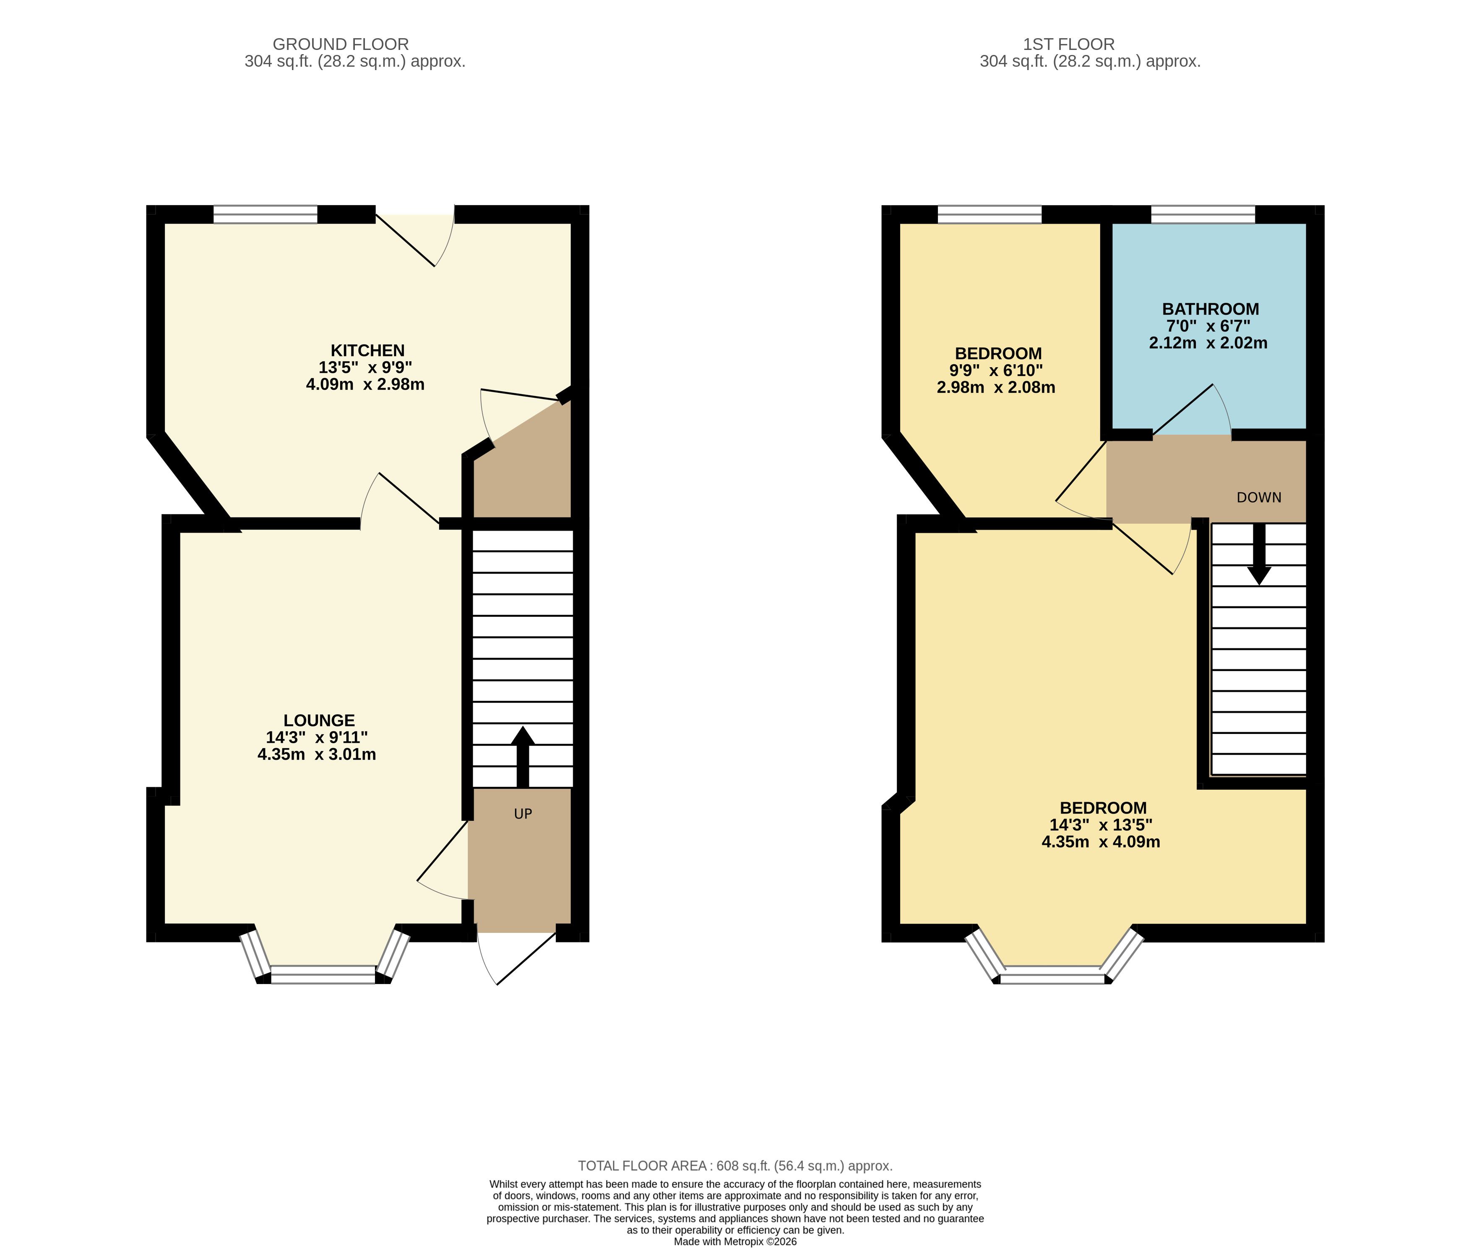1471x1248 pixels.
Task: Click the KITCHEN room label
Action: point(368,350)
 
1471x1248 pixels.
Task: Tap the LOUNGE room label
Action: point(319,720)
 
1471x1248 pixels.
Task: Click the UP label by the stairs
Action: point(523,814)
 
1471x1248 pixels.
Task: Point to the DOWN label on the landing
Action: point(1259,497)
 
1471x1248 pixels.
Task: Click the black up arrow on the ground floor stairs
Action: point(523,756)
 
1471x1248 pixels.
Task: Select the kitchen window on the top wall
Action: point(265,214)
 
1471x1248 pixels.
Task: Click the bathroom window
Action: point(1203,214)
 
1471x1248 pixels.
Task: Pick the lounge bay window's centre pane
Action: point(323,974)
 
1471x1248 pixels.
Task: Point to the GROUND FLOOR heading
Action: point(341,44)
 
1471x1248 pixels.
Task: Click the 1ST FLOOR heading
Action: point(1069,44)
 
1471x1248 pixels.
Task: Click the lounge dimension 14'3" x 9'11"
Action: point(316,737)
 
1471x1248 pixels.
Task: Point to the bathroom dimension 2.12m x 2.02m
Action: point(1208,343)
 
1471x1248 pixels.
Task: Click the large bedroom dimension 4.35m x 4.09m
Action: point(1101,842)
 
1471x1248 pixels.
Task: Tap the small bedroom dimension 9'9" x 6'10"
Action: point(996,371)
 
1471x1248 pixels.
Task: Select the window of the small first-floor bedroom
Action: point(989,214)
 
